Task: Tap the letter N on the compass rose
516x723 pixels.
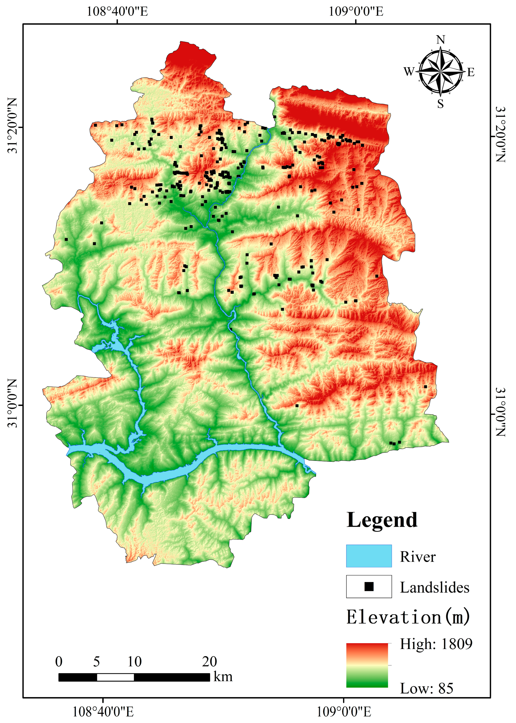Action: point(440,40)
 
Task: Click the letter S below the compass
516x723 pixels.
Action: point(440,104)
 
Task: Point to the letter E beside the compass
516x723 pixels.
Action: point(471,72)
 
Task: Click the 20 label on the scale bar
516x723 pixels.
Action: point(209,662)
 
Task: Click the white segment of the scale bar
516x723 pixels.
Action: point(115,677)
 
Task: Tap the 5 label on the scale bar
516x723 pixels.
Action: point(96,662)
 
